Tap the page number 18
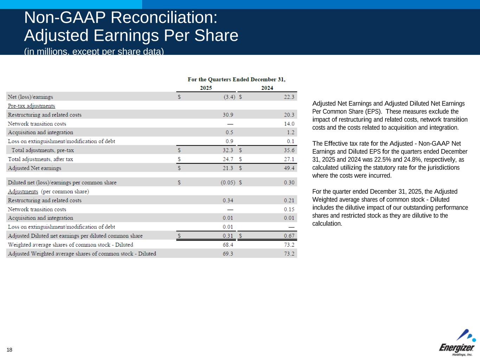9,350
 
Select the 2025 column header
206,88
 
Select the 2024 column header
267,88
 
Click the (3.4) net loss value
229,97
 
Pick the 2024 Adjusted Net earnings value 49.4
289,168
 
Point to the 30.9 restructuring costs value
228,115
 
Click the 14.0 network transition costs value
289,124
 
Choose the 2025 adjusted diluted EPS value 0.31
228,236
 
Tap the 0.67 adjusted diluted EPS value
289,236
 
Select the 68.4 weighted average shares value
228,245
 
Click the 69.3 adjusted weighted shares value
228,253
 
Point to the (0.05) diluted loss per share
228,182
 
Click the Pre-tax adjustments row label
31,106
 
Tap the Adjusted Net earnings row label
34,168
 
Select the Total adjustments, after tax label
40,159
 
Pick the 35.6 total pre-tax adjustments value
289,150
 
